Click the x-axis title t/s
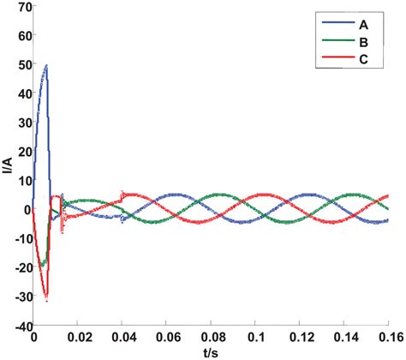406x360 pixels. coord(214,352)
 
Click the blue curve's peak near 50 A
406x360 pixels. coord(46,65)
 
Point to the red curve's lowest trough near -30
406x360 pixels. coord(46,301)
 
